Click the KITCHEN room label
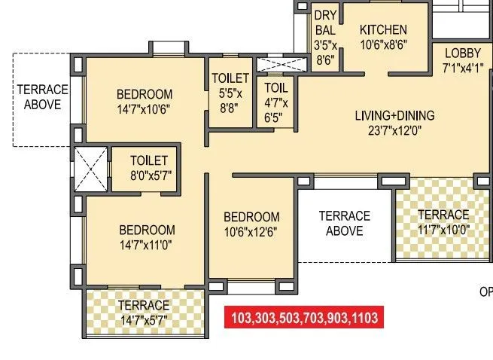[383, 30]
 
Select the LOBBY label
[462, 53]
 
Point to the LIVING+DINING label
[394, 116]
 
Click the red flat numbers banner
[305, 317]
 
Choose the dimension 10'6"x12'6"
[251, 232]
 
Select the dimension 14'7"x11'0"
[148, 245]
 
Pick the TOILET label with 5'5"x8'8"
[230, 78]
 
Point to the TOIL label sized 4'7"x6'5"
[275, 87]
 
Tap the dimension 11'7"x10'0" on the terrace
[443, 230]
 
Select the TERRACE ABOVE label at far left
[42, 97]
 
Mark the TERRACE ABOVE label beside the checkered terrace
[344, 224]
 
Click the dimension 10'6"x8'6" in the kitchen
[383, 44]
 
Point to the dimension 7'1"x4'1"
[462, 67]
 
